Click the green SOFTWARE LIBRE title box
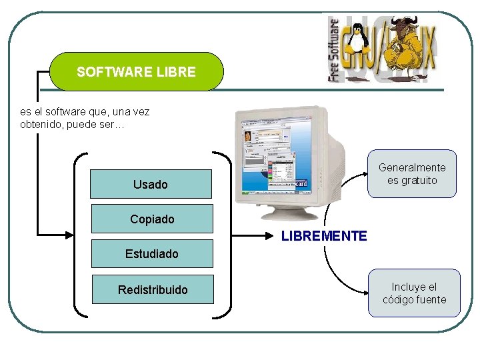(137, 71)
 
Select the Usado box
(151, 184)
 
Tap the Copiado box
(152, 219)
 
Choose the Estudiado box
(152, 254)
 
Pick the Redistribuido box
(153, 289)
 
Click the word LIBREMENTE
(324, 236)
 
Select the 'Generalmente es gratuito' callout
(413, 174)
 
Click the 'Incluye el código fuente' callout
(414, 293)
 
